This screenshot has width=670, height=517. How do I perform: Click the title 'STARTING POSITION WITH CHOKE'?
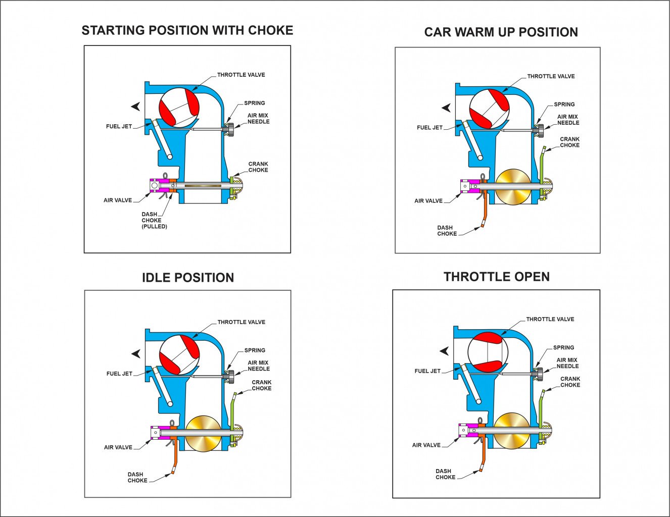coord(187,30)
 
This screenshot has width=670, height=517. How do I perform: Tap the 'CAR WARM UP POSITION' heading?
coord(501,32)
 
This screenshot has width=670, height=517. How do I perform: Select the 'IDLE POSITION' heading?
coord(187,278)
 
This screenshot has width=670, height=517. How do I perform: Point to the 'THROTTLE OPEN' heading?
coord(497,277)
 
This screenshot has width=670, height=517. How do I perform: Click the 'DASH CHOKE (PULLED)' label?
coord(154,220)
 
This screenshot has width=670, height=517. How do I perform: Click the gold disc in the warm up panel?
coord(513,186)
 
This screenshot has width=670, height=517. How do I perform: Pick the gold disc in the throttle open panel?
coord(511,430)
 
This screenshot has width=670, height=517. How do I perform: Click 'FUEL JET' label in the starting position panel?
coord(119,126)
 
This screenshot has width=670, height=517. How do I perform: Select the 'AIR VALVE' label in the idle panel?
coord(118,447)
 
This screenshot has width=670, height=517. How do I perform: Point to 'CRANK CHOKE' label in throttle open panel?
coord(570,382)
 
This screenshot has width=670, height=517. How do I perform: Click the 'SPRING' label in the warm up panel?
coord(564,105)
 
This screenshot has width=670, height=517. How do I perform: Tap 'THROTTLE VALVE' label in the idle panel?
coord(241,322)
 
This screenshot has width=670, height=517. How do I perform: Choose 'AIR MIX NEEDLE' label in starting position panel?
coord(258,119)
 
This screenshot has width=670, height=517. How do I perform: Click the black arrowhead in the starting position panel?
coord(135,107)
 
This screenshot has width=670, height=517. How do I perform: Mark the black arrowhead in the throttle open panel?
coord(444,351)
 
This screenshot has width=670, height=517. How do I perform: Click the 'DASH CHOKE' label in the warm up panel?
coord(447,231)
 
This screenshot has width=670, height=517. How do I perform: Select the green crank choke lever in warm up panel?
coord(542,164)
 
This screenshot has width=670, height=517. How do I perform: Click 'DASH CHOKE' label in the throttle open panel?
coord(445,474)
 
